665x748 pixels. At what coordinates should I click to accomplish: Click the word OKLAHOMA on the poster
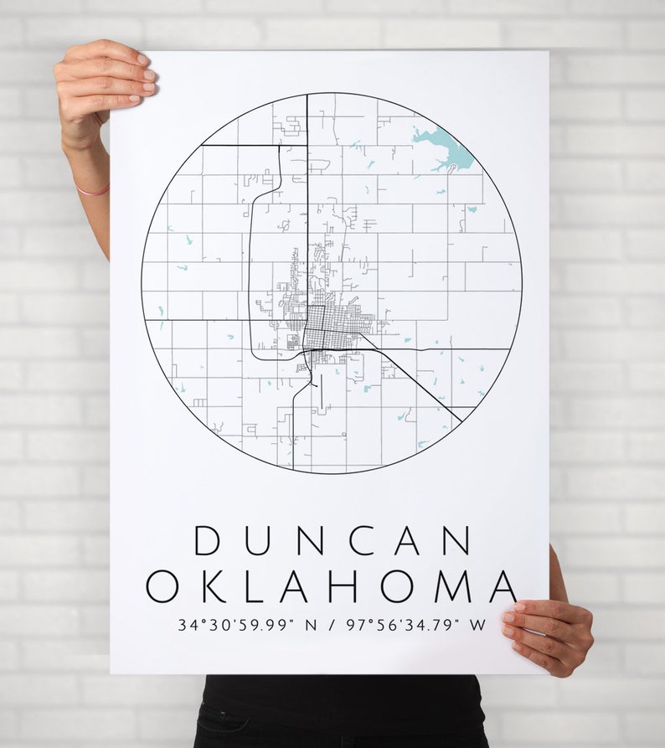tap(332, 586)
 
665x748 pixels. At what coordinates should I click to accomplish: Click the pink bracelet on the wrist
tap(92, 191)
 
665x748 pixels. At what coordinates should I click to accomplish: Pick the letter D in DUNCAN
tap(207, 540)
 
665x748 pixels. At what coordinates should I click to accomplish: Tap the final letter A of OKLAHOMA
tap(503, 586)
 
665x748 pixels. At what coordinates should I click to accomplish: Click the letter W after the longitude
tap(477, 625)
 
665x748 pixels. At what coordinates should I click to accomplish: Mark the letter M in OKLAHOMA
tap(452, 586)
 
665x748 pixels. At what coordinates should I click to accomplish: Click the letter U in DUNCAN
tap(256, 540)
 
